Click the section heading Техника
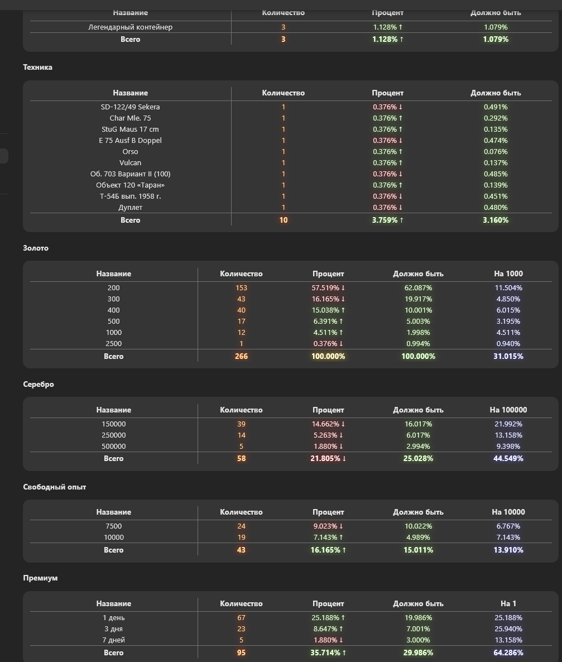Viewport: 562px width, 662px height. click(37, 68)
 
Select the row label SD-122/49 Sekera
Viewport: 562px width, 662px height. click(130, 107)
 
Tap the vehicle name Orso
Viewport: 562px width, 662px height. click(130, 152)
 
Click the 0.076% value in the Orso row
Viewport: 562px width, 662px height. click(496, 152)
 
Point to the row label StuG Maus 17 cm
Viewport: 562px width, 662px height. click(130, 129)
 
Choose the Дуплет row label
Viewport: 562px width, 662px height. click(130, 208)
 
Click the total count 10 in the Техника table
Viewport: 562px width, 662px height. click(284, 220)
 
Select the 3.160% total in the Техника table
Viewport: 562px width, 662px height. click(496, 220)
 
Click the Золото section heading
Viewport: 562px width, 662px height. click(36, 248)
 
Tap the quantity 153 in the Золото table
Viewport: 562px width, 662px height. click(241, 288)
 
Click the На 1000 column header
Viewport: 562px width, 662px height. click(508, 274)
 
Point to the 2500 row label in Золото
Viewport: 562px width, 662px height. click(113, 344)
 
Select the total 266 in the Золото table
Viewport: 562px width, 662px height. click(241, 357)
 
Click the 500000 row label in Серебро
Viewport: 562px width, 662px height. click(113, 447)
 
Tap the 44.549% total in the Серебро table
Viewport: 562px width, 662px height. click(508, 459)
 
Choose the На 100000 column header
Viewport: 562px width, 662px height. click(508, 410)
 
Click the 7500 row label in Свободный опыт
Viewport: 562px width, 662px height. click(113, 526)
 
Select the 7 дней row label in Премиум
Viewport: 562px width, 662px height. click(113, 640)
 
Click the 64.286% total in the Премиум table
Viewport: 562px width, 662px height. click(508, 653)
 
